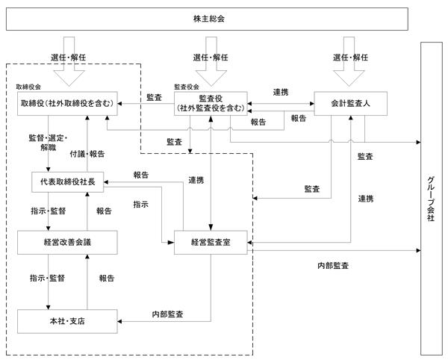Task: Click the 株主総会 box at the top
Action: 207,19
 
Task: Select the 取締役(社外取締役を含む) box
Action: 67,103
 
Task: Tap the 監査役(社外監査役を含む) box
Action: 211,103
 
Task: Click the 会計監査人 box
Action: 351,103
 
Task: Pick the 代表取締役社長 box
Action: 67,182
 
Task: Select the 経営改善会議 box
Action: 67,242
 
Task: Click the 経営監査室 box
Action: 211,242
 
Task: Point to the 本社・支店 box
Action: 67,321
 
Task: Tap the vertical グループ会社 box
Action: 431,199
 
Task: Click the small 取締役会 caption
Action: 28,87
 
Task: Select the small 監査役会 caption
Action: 187,87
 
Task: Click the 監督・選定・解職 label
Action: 48,143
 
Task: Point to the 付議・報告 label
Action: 87,155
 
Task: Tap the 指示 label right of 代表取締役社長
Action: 141,205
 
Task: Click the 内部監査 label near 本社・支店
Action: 167,314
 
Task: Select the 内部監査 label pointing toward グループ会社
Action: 333,266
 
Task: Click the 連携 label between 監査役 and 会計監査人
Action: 281,93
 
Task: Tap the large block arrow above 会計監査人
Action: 349,61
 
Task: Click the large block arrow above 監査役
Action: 211,61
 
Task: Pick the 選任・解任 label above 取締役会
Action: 69,58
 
